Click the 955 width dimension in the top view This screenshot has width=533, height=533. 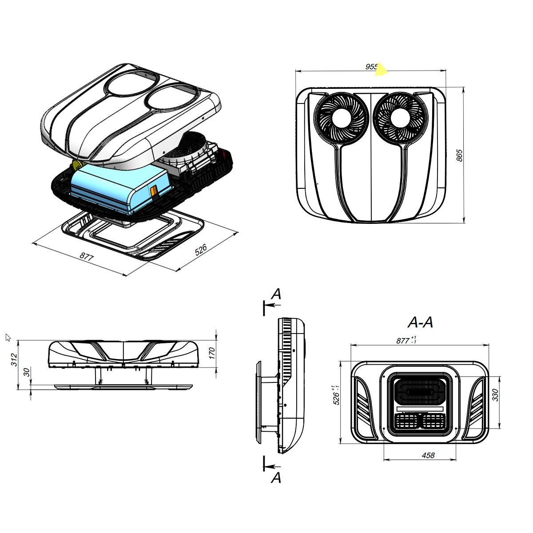[x=371, y=67]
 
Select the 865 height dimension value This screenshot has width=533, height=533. [x=460, y=155]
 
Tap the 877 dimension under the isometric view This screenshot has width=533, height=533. [x=87, y=256]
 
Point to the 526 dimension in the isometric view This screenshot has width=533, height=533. [x=201, y=250]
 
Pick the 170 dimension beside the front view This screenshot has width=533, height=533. [x=212, y=353]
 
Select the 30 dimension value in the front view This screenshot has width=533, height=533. [x=27, y=372]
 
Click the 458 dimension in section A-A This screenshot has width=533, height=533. [x=428, y=455]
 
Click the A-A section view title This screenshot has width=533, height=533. [x=420, y=322]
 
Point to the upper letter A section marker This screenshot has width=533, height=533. [x=276, y=294]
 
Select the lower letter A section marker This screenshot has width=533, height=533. [x=276, y=478]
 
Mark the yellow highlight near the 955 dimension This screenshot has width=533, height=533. [x=381, y=69]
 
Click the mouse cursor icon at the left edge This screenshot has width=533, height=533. [x=8, y=337]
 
